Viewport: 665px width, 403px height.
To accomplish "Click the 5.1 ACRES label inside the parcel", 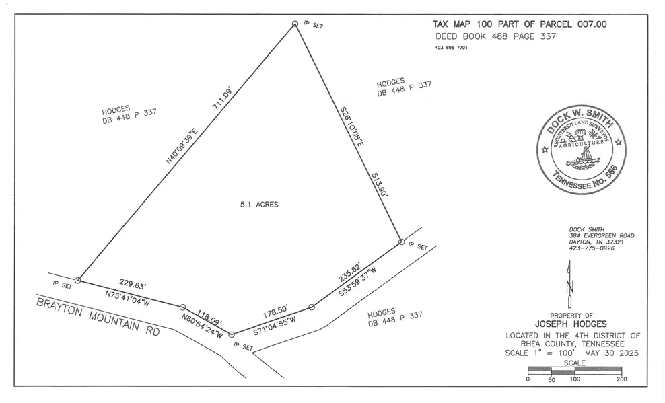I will (259, 205).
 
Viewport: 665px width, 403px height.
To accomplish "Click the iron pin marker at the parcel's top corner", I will (295, 24).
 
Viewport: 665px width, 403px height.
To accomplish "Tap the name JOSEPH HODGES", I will (571, 324).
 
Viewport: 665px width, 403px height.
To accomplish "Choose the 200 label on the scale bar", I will (621, 380).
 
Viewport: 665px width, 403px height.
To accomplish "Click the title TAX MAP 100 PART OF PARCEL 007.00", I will (520, 24).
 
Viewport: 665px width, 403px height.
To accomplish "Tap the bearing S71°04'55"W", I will (284, 324).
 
